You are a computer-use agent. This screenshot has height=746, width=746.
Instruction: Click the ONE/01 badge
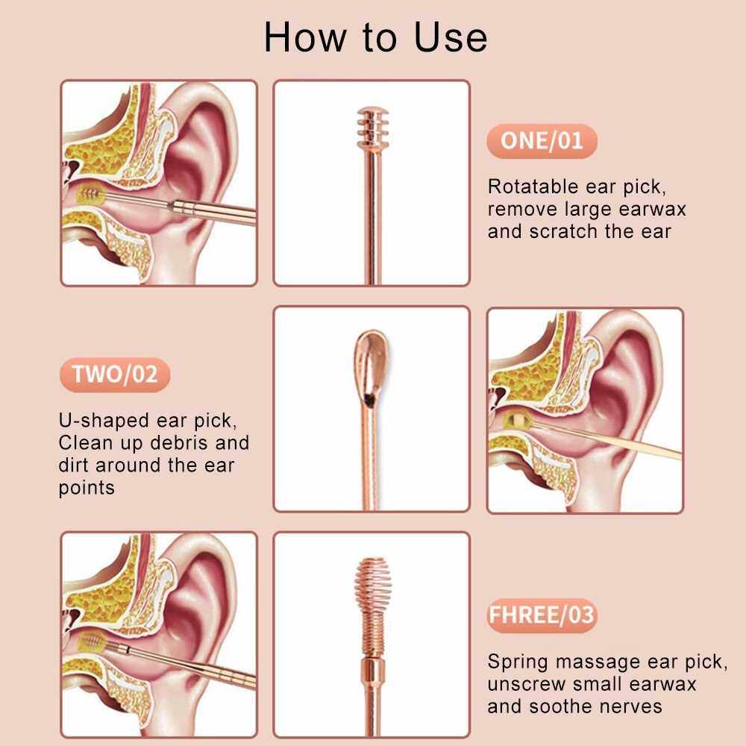[x=542, y=141]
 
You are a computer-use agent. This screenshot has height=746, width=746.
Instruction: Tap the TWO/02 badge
[x=115, y=374]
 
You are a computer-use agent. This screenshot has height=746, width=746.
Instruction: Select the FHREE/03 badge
[x=542, y=615]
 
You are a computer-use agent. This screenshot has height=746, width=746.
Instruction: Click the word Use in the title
[x=451, y=37]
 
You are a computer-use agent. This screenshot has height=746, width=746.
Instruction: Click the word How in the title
[x=305, y=37]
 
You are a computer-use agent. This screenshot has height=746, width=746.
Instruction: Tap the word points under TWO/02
[x=87, y=488]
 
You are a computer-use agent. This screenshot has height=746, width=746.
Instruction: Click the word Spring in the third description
[x=518, y=662]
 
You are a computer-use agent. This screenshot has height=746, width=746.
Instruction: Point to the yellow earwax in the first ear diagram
[x=89, y=194]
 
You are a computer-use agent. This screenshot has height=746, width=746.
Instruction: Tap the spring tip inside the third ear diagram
[x=91, y=643]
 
